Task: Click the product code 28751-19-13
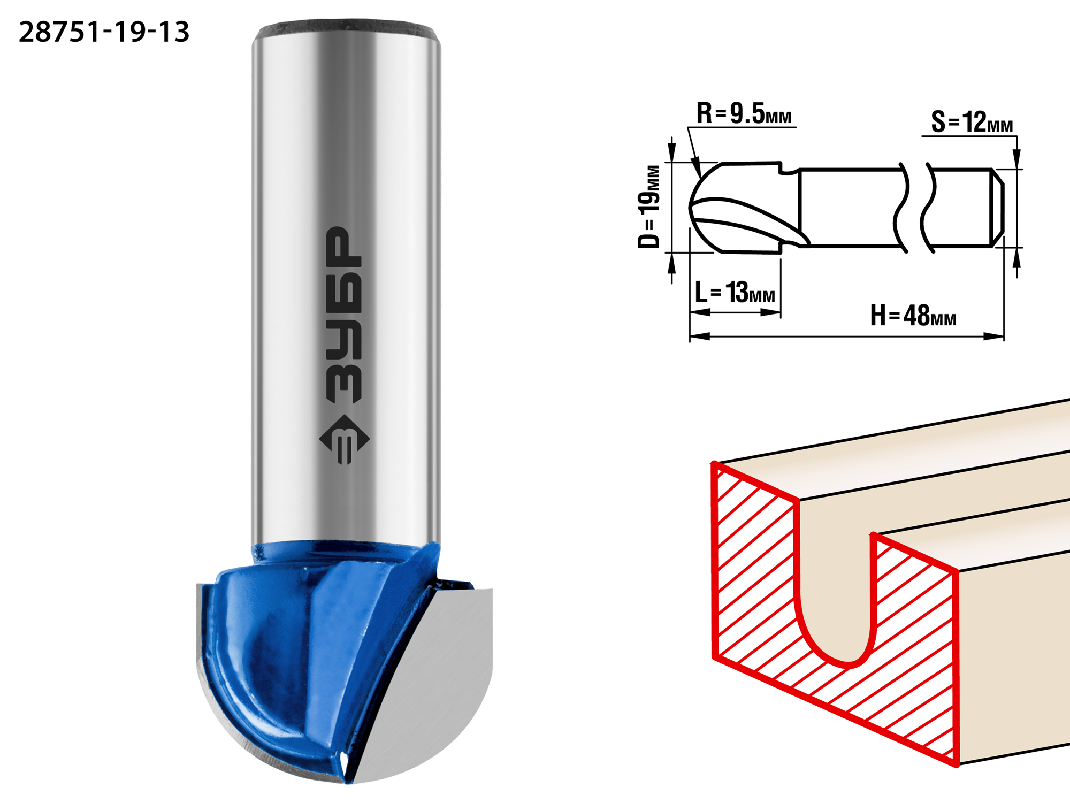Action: [104, 32]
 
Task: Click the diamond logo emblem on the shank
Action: [344, 440]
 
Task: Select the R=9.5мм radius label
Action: [744, 113]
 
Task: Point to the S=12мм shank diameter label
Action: [972, 122]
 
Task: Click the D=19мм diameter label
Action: [649, 207]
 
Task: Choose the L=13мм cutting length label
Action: [735, 293]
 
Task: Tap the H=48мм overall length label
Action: [913, 316]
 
